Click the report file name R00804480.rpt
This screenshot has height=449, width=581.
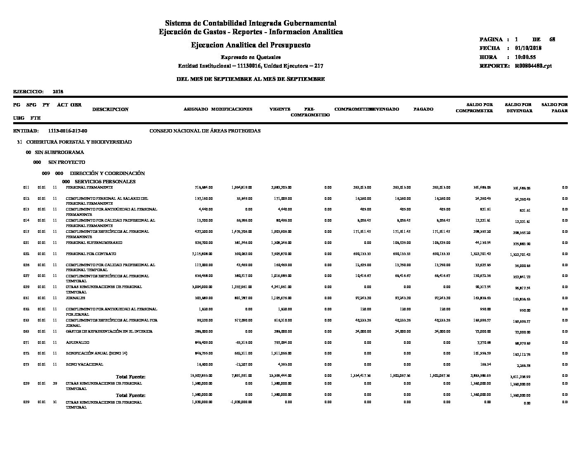click(533, 66)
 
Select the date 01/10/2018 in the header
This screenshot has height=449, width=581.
click(528, 48)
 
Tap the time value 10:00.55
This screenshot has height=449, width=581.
click(525, 57)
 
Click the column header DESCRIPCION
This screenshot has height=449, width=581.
click(110, 109)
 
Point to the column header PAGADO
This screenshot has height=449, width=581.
click(423, 109)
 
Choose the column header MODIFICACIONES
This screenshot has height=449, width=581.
click(231, 109)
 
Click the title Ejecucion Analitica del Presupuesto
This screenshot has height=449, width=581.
click(250, 45)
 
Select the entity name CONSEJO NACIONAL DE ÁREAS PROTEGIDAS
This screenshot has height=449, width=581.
click(205, 131)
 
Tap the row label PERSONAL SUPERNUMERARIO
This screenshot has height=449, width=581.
click(94, 243)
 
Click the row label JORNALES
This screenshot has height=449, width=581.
click(76, 298)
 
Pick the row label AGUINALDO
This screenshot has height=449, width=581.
click(78, 343)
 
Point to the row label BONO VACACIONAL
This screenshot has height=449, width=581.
click(85, 364)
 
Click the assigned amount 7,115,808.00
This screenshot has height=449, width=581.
click(202, 254)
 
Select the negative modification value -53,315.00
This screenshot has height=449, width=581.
click(242, 343)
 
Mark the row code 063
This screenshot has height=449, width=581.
click(26, 331)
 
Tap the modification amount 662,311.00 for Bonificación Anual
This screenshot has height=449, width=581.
click(242, 354)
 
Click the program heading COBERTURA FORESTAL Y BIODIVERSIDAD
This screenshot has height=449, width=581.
click(79, 142)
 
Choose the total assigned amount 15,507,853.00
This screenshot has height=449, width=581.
click(201, 376)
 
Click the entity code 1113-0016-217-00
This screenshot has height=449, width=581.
click(68, 131)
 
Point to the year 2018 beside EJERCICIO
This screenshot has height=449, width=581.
click(58, 92)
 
